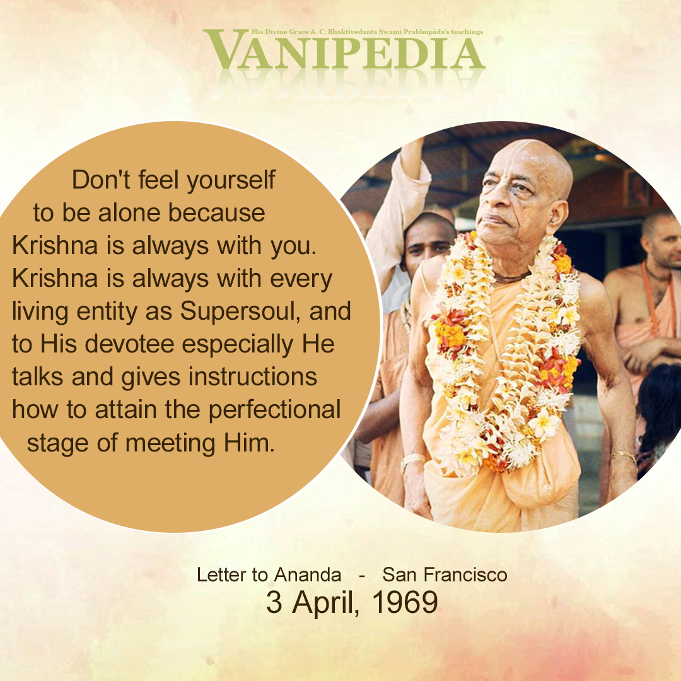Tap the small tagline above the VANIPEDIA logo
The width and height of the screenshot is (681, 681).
pos(367,32)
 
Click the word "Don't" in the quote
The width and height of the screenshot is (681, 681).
pos(101,179)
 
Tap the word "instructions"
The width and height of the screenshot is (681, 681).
pos(253,376)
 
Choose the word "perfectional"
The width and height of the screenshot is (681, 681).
pos(274,410)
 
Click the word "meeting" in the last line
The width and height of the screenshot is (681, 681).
pos(170,444)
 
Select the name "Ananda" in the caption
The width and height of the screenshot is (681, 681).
pos(308,575)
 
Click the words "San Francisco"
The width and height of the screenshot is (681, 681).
pos(445,575)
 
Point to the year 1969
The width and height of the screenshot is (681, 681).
pos(405,602)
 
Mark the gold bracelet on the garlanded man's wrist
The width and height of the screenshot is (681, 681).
pos(624,456)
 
